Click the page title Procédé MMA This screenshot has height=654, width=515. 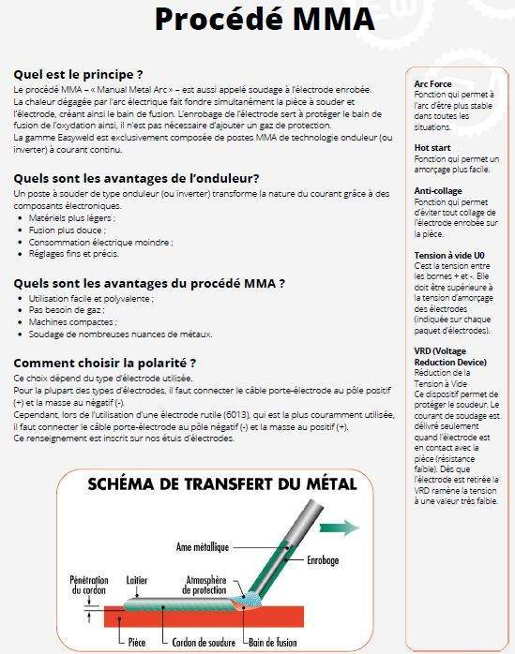coord(265,19)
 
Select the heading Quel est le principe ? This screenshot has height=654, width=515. coord(78,74)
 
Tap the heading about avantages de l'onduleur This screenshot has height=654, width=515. coord(136,178)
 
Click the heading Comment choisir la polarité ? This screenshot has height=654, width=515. coord(104,362)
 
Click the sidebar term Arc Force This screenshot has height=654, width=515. coord(432,83)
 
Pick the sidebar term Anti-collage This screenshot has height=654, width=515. coord(439,190)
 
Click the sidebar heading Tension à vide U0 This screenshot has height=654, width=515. coord(448,255)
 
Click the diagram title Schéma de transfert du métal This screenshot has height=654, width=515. coord(221,484)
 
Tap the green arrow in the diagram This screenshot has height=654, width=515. coord(345,528)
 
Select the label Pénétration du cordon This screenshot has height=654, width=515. coord(92,585)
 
